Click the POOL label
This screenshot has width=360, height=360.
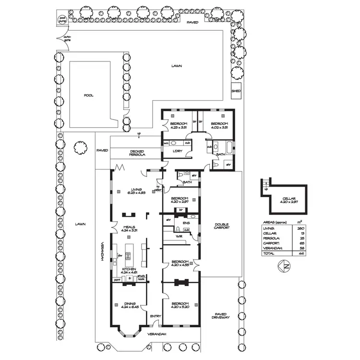(89, 95)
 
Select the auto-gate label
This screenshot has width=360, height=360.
(67, 38)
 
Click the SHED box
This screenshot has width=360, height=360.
(236, 90)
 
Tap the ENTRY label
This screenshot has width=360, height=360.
(155, 316)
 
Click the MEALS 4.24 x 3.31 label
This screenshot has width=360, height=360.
(129, 228)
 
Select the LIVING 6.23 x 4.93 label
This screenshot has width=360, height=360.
(136, 191)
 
